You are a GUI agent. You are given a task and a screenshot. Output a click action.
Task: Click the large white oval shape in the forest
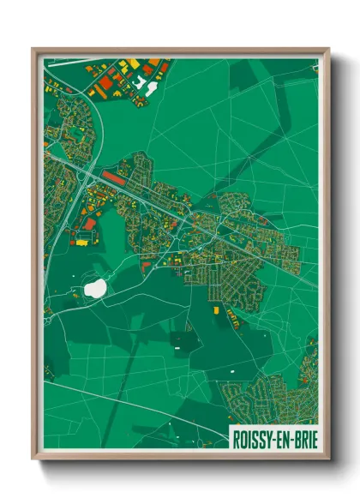(95, 288)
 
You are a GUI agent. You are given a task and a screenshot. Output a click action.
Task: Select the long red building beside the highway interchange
(112, 176)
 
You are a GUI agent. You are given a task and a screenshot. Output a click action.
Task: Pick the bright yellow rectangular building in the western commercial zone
(83, 242)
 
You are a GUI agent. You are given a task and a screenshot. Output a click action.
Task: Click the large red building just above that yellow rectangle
(88, 225)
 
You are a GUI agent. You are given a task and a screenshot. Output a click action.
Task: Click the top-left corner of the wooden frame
(33, 49)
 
